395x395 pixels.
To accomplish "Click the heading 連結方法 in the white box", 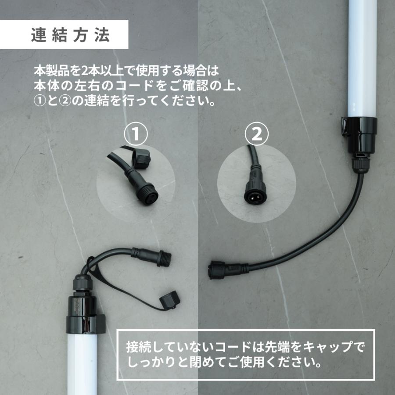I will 70,36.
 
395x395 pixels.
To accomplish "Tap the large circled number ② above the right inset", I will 256,135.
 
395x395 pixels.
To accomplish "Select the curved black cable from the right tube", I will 307,246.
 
